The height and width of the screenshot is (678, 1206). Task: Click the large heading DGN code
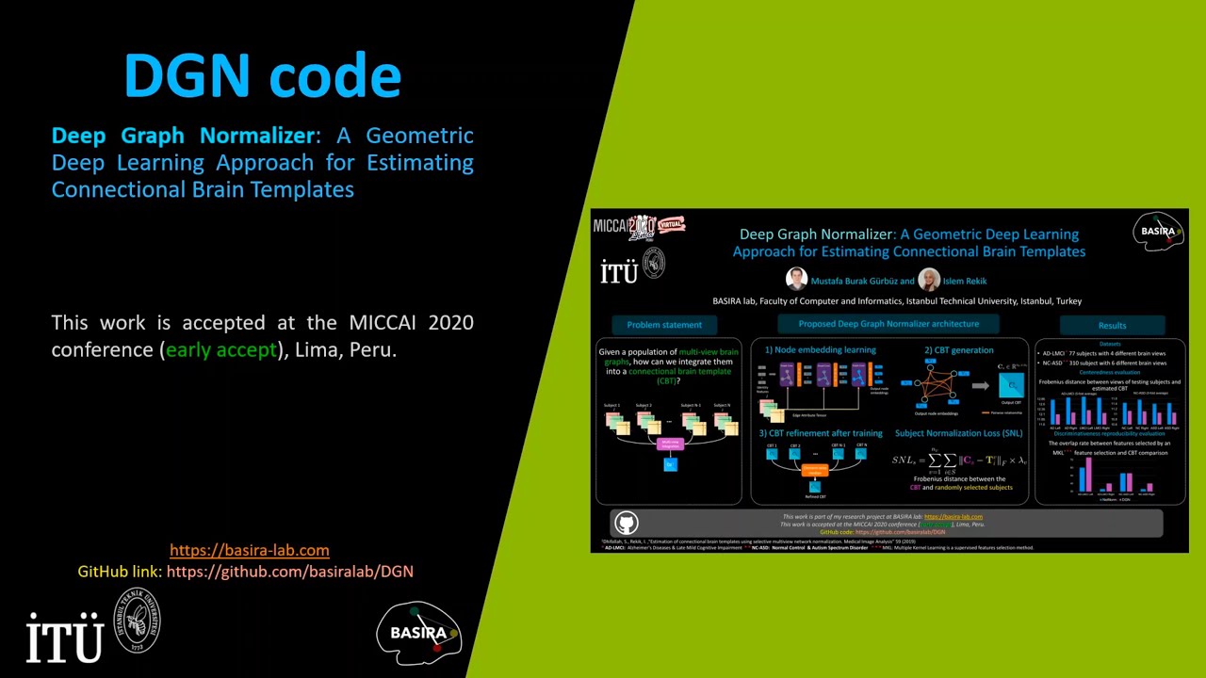click(263, 75)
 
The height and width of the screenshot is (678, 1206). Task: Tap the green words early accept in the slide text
click(221, 349)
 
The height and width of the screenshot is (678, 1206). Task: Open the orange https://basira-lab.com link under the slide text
click(249, 550)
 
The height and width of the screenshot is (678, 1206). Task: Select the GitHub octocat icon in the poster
click(627, 523)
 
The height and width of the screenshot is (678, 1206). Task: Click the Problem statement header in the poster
click(664, 325)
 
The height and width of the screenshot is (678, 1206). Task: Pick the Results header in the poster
click(1112, 325)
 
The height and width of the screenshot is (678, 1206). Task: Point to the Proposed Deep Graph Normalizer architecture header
click(888, 324)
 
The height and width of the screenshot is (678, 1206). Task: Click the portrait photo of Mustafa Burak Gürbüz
click(797, 280)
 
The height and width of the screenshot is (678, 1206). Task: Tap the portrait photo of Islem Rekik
click(929, 280)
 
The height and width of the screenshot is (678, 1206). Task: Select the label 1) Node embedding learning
click(820, 350)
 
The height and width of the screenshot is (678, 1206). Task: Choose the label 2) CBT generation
click(958, 350)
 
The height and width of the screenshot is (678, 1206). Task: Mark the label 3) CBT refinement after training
click(821, 433)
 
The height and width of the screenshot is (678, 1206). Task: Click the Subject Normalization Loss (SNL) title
click(958, 433)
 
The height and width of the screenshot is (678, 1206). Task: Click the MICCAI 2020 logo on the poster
click(638, 227)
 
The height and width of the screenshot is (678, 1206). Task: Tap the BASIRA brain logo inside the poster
click(1158, 232)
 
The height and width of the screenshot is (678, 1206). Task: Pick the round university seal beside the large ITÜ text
click(138, 621)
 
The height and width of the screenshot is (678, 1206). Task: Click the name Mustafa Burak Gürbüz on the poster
click(854, 281)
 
